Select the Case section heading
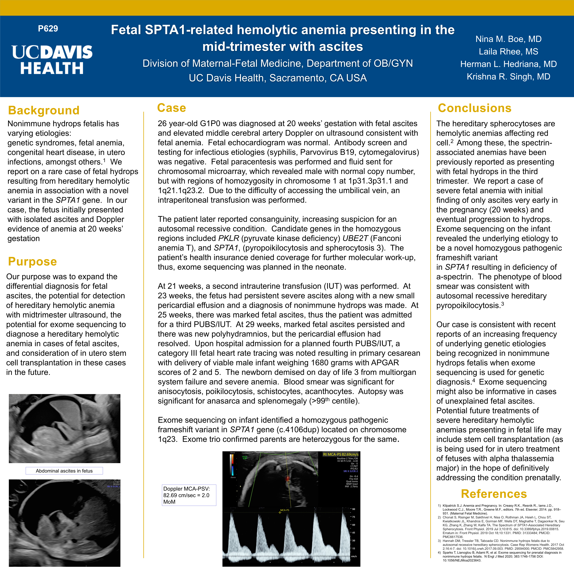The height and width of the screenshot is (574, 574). point(171,108)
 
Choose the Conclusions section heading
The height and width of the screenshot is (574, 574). point(475,108)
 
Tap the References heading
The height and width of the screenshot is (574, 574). point(494,494)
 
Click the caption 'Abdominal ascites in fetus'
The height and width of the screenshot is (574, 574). point(64,471)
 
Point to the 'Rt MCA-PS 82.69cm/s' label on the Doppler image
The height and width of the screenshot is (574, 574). point(341,454)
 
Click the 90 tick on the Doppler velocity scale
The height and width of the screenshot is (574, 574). point(354,509)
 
